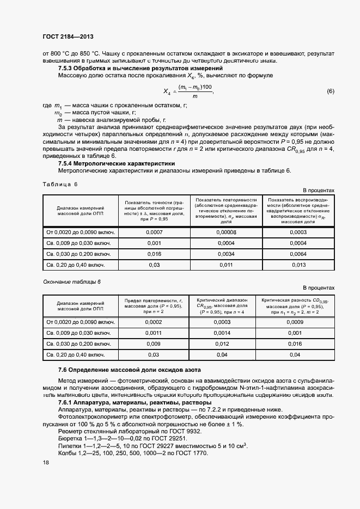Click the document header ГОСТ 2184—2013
tap(68, 36)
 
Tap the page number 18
tap(46, 462)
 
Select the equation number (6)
tap(330, 91)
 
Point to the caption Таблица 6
tap(60, 184)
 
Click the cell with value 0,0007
tap(154, 232)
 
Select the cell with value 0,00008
tap(225, 232)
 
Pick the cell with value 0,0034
tap(225, 254)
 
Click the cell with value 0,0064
tap(298, 254)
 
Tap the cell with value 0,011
tap(225, 265)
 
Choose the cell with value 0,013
tap(298, 265)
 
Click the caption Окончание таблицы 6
tap(72, 281)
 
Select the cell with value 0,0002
tap(154, 322)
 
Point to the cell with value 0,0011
tap(154, 333)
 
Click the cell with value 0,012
tap(222, 344)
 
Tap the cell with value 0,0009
tap(294, 322)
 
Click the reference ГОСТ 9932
tap(185, 431)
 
